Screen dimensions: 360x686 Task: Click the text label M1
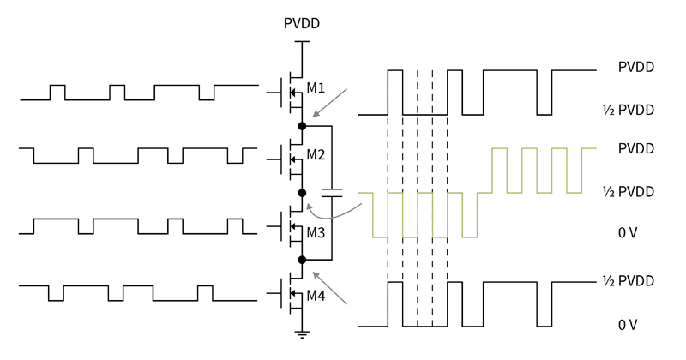(x=316, y=88)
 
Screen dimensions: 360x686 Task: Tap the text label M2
(x=316, y=155)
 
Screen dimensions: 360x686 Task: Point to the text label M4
(x=316, y=296)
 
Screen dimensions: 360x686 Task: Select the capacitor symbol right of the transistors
(x=332, y=190)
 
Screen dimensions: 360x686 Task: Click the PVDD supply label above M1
(x=302, y=23)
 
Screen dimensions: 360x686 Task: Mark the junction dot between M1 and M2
(x=302, y=126)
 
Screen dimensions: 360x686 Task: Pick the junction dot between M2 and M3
(x=302, y=192)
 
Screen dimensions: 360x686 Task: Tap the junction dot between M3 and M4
(x=302, y=259)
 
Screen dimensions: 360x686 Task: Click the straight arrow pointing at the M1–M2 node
(x=331, y=101)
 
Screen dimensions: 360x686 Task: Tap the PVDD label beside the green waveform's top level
(x=636, y=148)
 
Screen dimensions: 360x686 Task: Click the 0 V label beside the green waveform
(x=628, y=233)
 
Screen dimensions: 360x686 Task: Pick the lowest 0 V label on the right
(x=628, y=325)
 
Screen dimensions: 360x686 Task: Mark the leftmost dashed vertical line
(x=388, y=197)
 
